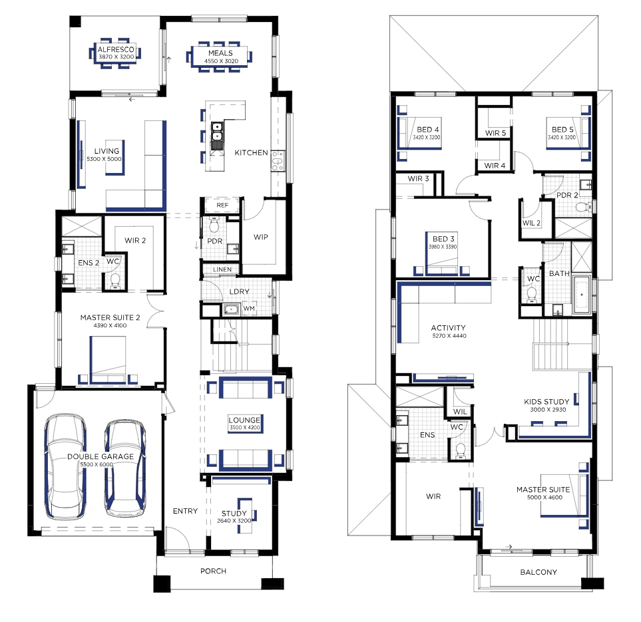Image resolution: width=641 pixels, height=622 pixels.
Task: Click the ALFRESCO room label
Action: point(116,49)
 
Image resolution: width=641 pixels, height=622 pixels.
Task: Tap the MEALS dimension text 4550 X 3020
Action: point(221,61)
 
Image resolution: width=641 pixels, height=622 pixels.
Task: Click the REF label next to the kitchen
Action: point(222,205)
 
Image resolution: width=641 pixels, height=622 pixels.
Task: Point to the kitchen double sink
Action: point(217,135)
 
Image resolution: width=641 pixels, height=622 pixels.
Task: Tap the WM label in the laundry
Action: point(249,309)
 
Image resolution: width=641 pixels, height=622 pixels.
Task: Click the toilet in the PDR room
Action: point(214,226)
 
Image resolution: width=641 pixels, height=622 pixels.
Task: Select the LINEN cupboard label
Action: point(222,269)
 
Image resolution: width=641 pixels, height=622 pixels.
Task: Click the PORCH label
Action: point(213,571)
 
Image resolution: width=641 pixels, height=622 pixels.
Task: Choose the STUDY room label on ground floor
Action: point(234,514)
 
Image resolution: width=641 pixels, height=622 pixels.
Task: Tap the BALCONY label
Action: point(538,572)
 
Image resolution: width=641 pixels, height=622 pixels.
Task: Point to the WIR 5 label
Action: point(495,133)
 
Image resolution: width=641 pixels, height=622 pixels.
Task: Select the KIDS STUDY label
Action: point(546,402)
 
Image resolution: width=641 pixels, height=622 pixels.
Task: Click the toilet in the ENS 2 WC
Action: point(115,281)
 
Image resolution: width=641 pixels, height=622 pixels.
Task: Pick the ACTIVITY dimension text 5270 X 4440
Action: point(449,336)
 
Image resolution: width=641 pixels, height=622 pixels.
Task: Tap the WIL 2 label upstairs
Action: point(531,223)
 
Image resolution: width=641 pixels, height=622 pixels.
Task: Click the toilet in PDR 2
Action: point(583,207)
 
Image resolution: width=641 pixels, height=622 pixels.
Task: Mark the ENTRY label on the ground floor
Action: point(185,511)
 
